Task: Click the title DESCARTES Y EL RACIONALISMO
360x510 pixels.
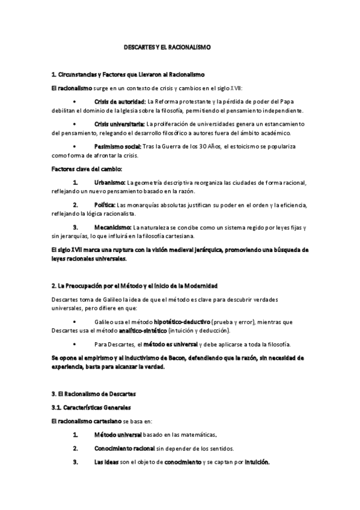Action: point(163,46)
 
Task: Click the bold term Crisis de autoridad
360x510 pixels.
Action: point(120,100)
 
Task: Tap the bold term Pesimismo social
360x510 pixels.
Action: point(118,146)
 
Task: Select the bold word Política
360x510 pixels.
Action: point(105,204)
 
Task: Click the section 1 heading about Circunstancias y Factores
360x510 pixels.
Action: point(129,74)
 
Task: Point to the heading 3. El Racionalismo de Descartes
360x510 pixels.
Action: point(94,394)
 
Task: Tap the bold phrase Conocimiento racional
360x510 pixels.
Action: point(125,448)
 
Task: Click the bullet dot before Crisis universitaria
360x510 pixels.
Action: point(75,123)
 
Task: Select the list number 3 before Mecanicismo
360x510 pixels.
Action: point(75,227)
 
